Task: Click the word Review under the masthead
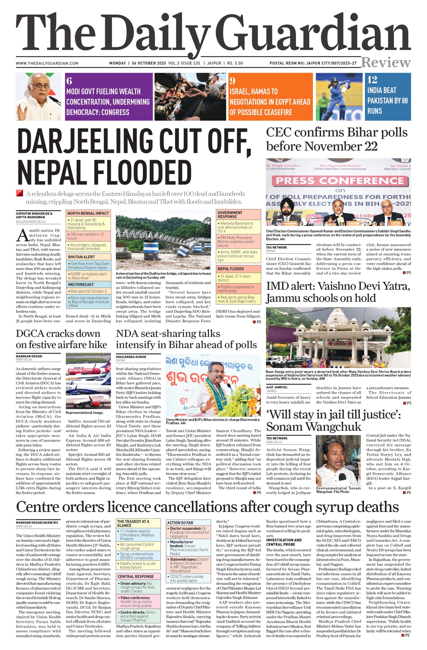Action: coord(386,62)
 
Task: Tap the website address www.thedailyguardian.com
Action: coord(47,63)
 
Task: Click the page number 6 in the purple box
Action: coord(69,81)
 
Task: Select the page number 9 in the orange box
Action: coord(232,81)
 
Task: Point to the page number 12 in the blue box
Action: coord(372,80)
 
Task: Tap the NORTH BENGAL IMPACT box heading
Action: coord(88,213)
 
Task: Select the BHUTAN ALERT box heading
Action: coord(81,257)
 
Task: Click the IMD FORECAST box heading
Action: coord(81,285)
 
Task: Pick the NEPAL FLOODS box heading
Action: coord(231,269)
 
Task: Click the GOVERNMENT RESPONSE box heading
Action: coord(230,215)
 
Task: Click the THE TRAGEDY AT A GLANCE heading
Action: coord(133,523)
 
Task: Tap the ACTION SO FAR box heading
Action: coord(180,523)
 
